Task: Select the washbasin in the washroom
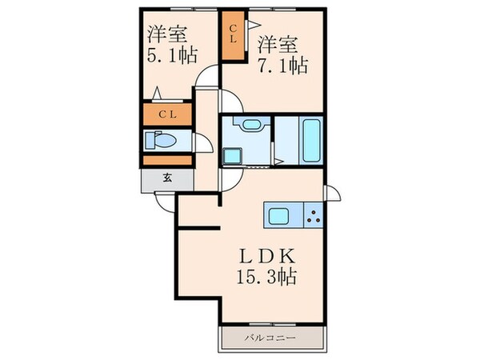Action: pyautogui.click(x=248, y=125)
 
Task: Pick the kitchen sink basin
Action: pyautogui.click(x=282, y=216)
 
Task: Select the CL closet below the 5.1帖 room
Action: pyautogui.click(x=166, y=114)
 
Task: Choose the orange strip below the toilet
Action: pyautogui.click(x=166, y=161)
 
